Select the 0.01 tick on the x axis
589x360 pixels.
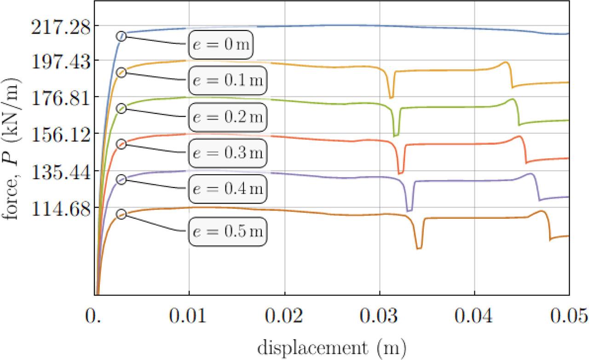[189, 318]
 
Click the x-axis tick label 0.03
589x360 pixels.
[380, 318]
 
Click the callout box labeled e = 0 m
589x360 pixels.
[221, 45]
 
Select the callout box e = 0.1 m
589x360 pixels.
[228, 80]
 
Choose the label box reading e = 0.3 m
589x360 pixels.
[228, 152]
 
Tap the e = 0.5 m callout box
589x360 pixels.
[228, 231]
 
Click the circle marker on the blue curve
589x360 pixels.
[121, 36]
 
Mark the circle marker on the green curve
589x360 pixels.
[121, 108]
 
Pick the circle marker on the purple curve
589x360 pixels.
[121, 179]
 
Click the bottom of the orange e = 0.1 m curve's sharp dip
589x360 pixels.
[391, 97]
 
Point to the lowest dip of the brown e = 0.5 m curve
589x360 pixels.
[419, 248]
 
